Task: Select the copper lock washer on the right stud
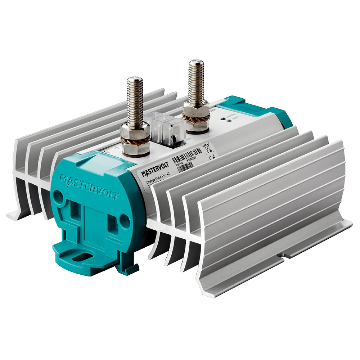pyautogui.click(x=195, y=117)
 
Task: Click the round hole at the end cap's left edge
pyautogui.click(x=57, y=195)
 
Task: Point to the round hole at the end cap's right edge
pyautogui.click(x=125, y=221)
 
